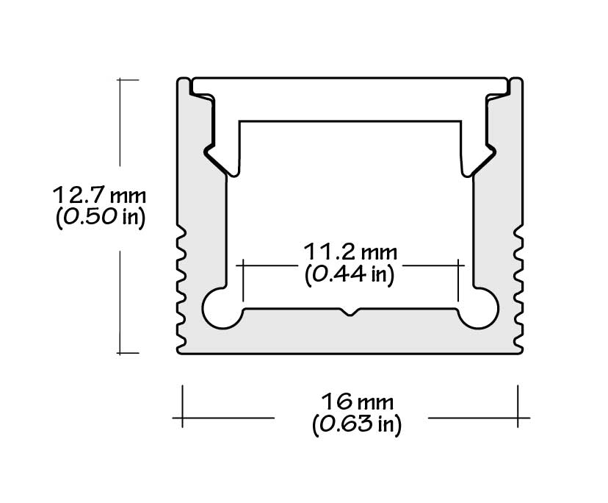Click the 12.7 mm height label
click(x=99, y=196)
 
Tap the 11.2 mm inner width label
click(x=350, y=252)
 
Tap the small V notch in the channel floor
click(x=350, y=313)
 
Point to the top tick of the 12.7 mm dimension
click(x=128, y=79)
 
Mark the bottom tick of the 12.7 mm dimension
click(x=128, y=353)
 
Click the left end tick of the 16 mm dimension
click(x=182, y=404)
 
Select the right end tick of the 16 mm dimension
click(x=518, y=404)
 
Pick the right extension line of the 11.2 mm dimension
click(x=458, y=279)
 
